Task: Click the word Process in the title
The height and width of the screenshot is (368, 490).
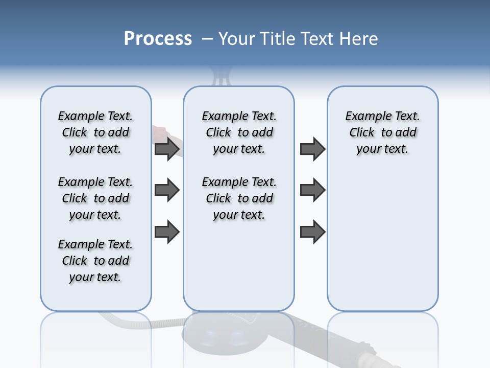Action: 158,39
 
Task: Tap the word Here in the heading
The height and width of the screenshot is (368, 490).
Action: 359,39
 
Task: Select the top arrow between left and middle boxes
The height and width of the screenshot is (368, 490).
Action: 167,149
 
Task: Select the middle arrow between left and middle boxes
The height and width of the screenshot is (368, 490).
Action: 167,190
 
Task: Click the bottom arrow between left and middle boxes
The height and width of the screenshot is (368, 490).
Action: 167,232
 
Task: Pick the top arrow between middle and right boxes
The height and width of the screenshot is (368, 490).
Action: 312,149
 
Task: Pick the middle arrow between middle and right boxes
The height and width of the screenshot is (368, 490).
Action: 312,190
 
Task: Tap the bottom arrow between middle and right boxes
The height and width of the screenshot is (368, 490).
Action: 312,232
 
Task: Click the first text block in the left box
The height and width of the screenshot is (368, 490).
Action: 95,132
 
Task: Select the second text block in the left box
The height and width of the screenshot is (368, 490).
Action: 95,198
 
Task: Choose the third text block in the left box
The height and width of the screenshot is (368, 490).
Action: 95,261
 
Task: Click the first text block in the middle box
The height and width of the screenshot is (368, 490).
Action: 239,132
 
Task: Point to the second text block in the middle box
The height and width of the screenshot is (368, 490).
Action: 239,198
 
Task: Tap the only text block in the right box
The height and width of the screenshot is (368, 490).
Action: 382,132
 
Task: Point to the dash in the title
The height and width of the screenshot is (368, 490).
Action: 207,39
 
